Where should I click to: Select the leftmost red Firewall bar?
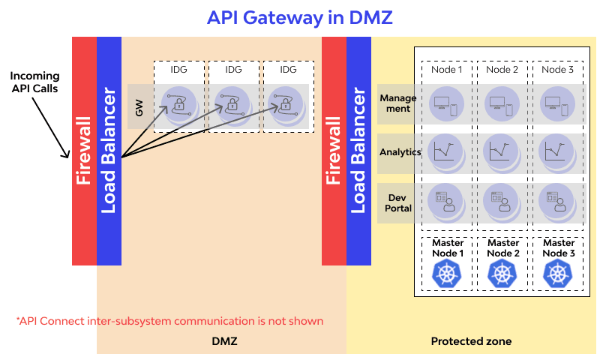tap(84, 150)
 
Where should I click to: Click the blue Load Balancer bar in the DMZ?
tap(109, 150)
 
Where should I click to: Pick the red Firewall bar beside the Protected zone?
tap(334, 150)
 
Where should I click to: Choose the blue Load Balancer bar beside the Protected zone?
tap(358, 150)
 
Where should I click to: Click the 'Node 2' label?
tap(502, 70)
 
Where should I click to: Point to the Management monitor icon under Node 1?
tap(448, 104)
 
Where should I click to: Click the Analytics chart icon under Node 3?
tap(558, 151)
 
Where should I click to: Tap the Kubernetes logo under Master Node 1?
tap(448, 274)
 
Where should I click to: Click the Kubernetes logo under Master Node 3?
tap(558, 274)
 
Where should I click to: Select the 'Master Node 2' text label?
tap(502, 248)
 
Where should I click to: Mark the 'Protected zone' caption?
tap(471, 341)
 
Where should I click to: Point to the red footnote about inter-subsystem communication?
tap(169, 321)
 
